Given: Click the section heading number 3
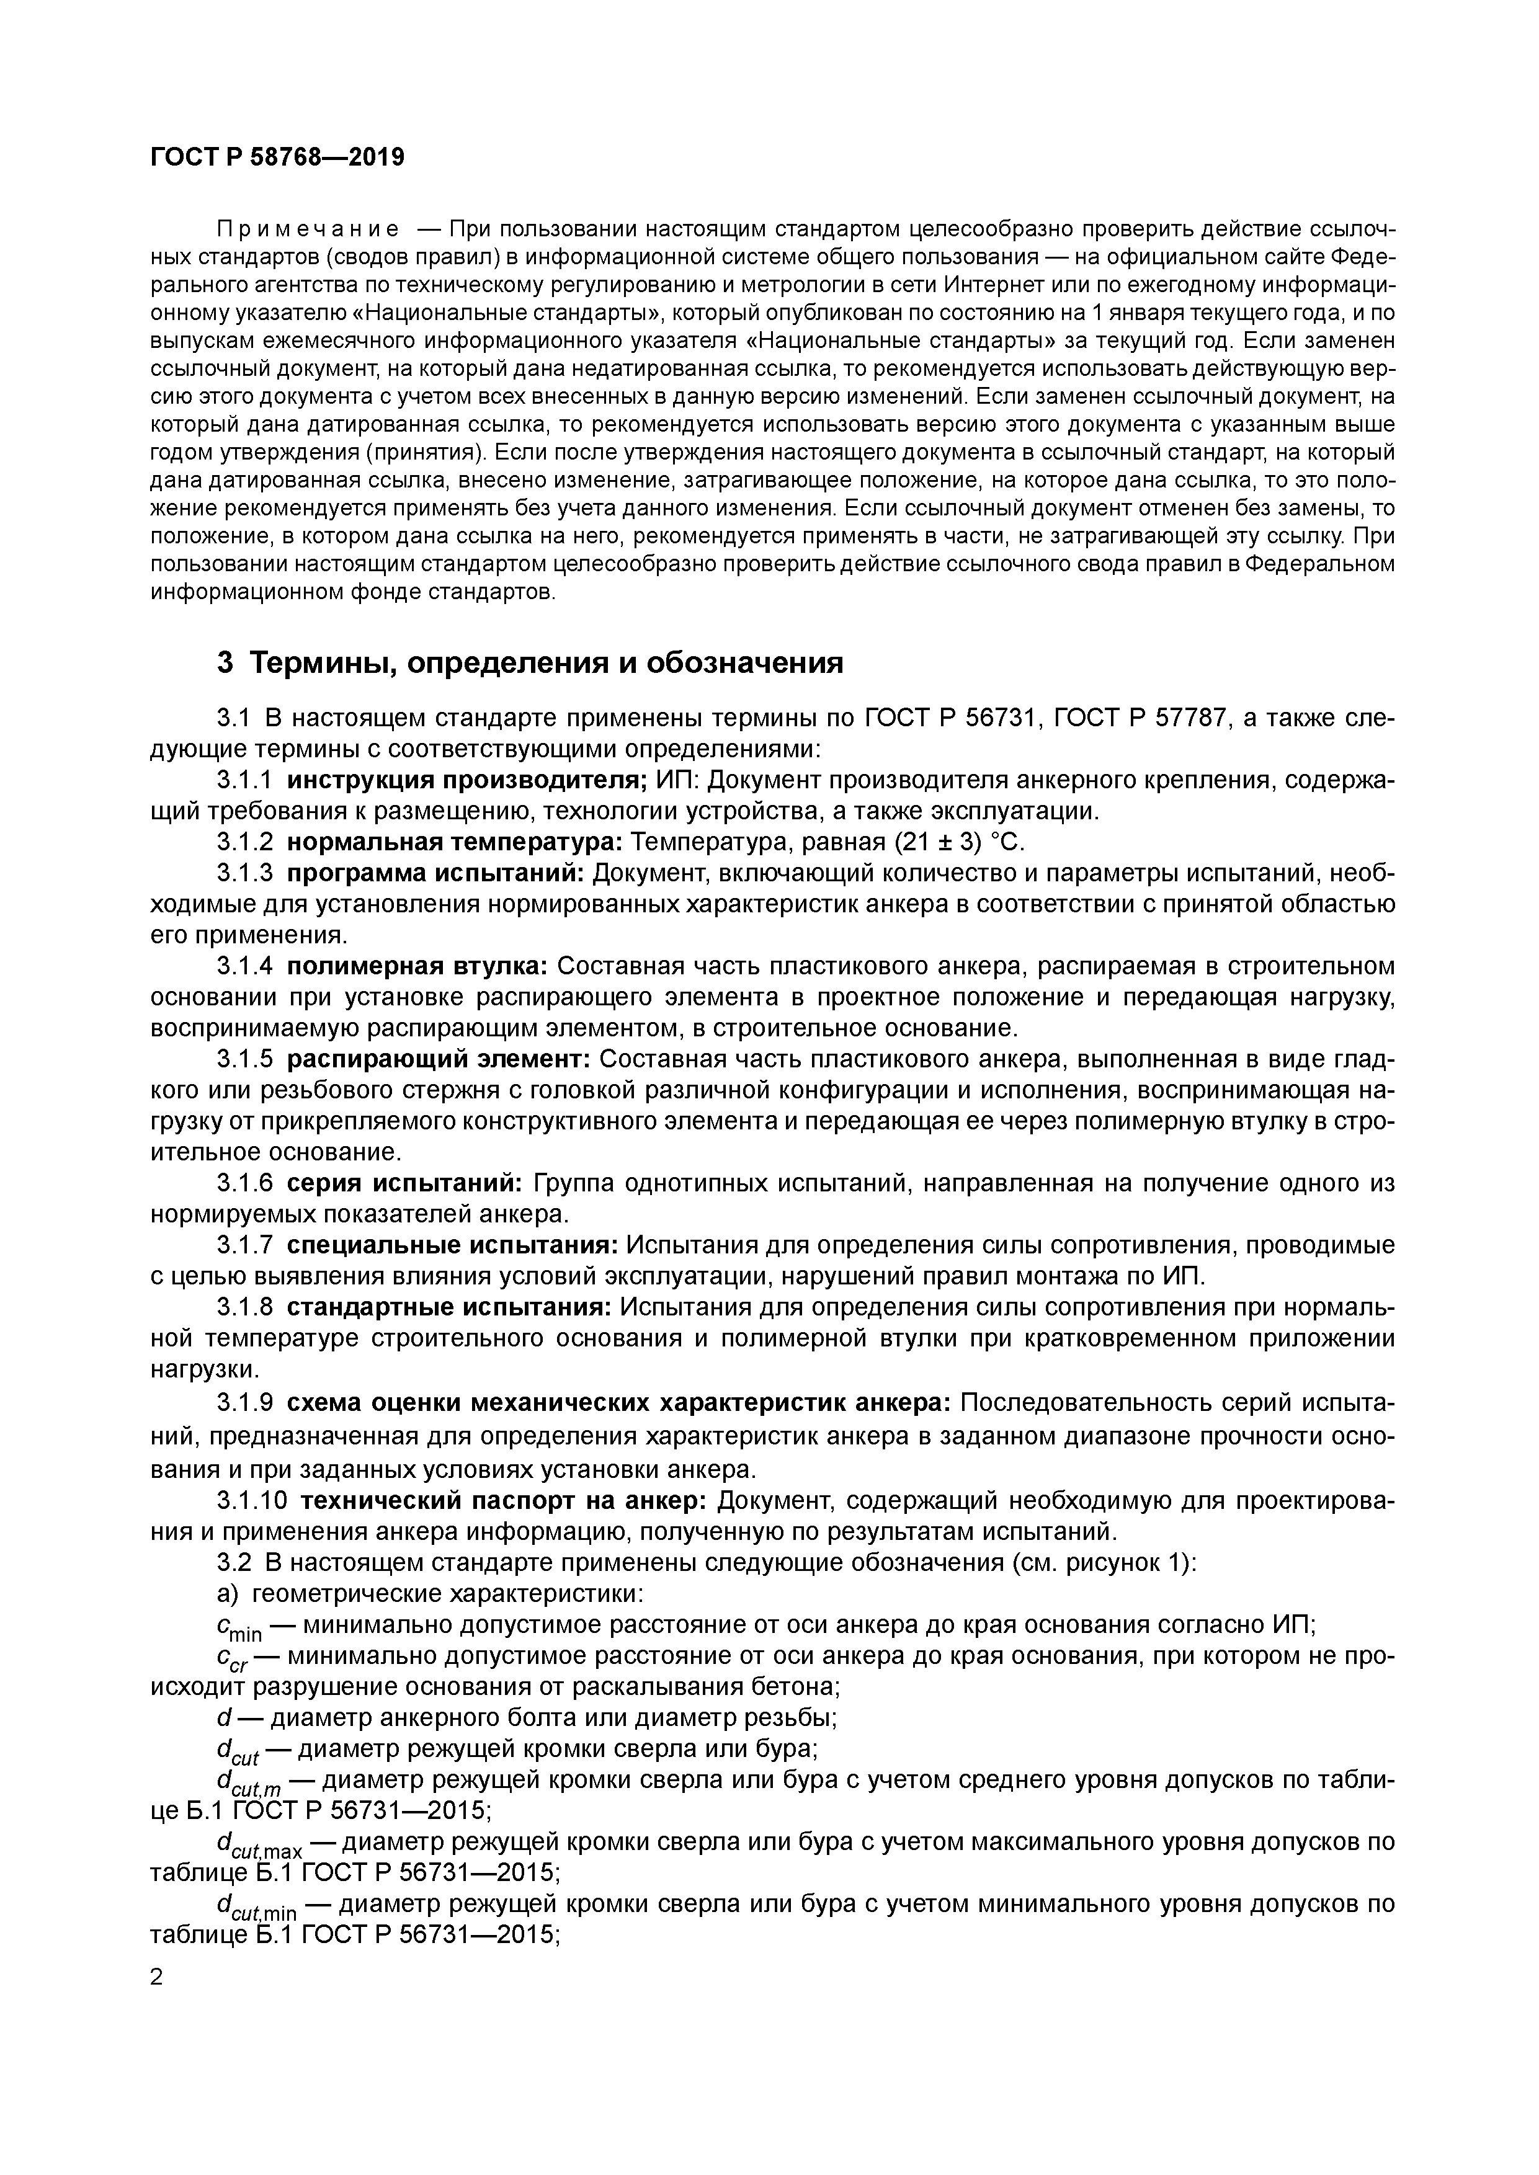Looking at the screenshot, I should pyautogui.click(x=225, y=663).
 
